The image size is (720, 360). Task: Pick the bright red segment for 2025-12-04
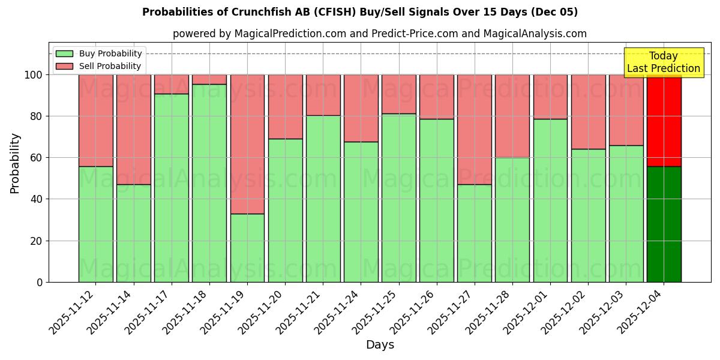pyautogui.click(x=664, y=120)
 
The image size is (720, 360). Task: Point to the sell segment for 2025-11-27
pyautogui.click(x=475, y=129)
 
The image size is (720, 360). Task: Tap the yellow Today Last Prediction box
pyautogui.click(x=664, y=62)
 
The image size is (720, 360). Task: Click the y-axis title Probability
pyautogui.click(x=15, y=163)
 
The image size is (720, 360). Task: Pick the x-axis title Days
pyautogui.click(x=380, y=345)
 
